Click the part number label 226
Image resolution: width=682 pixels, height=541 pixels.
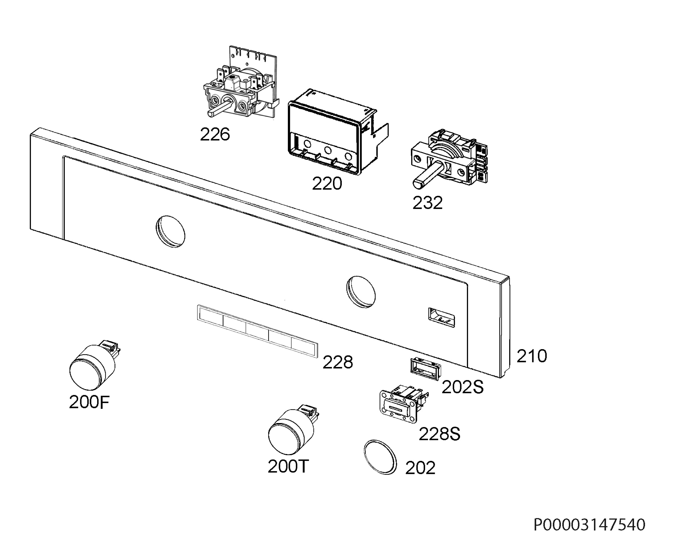pyautogui.click(x=215, y=134)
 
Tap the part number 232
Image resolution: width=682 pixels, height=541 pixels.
pyautogui.click(x=427, y=203)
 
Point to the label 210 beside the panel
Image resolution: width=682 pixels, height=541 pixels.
pyautogui.click(x=532, y=356)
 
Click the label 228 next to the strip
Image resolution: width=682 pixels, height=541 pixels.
pyautogui.click(x=338, y=362)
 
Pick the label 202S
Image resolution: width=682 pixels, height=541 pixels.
pyautogui.click(x=462, y=387)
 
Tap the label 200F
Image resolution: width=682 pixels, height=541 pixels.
pyautogui.click(x=89, y=403)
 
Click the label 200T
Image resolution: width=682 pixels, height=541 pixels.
pyautogui.click(x=288, y=466)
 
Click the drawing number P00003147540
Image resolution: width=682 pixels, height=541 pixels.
pyautogui.click(x=589, y=525)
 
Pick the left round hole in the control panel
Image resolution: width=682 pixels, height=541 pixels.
pyautogui.click(x=170, y=232)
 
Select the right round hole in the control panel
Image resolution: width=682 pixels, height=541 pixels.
pyautogui.click(x=361, y=292)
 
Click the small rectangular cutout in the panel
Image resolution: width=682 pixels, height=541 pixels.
pyautogui.click(x=441, y=317)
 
